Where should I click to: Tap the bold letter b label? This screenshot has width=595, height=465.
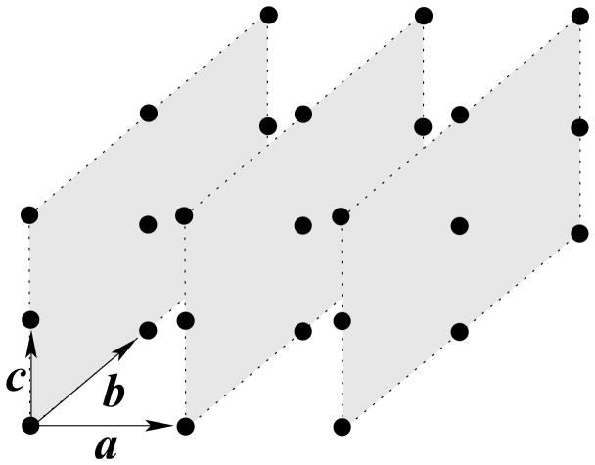pos(114,395)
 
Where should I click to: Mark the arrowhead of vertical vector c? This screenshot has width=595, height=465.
pos(30,339)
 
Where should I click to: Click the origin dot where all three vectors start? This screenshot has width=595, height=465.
pos(29,425)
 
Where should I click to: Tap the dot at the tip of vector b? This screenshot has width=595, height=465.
pos(148,330)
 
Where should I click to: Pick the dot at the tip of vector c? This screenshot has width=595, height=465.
pos(29,319)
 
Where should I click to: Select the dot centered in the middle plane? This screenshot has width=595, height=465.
pos(303,224)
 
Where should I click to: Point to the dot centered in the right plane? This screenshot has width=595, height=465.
pos(459,225)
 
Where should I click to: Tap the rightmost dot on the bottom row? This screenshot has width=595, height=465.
pos(343,426)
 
